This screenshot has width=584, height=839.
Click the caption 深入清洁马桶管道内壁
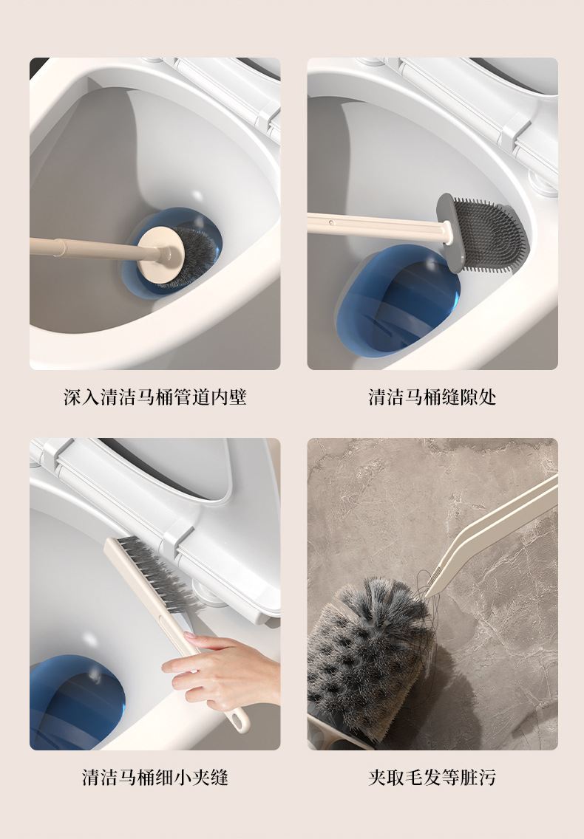[155, 397]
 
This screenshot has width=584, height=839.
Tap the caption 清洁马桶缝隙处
[432, 397]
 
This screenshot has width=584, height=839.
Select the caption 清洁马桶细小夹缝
[155, 777]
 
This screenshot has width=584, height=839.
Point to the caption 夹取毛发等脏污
[432, 777]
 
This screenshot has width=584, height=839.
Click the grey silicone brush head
[485, 233]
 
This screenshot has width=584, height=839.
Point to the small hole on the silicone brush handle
[332, 222]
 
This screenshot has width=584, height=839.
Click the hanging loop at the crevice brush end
[239, 719]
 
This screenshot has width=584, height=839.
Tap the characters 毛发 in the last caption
[414, 777]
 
